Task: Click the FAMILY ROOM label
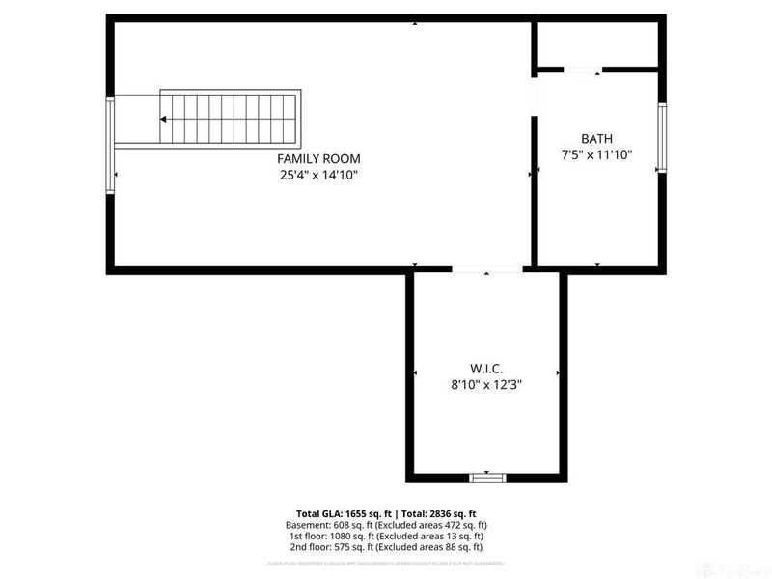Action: [x=318, y=158]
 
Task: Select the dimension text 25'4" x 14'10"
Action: [x=318, y=175]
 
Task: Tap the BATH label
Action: [x=596, y=138]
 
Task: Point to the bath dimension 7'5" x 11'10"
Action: [x=596, y=154]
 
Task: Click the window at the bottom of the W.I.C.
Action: [x=487, y=477]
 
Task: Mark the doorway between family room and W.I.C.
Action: [x=487, y=270]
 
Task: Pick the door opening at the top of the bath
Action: [x=582, y=69]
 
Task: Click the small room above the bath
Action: [x=596, y=42]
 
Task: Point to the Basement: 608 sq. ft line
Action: [x=390, y=525]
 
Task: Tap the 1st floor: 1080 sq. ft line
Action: [x=390, y=536]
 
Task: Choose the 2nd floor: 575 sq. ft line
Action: [x=390, y=547]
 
